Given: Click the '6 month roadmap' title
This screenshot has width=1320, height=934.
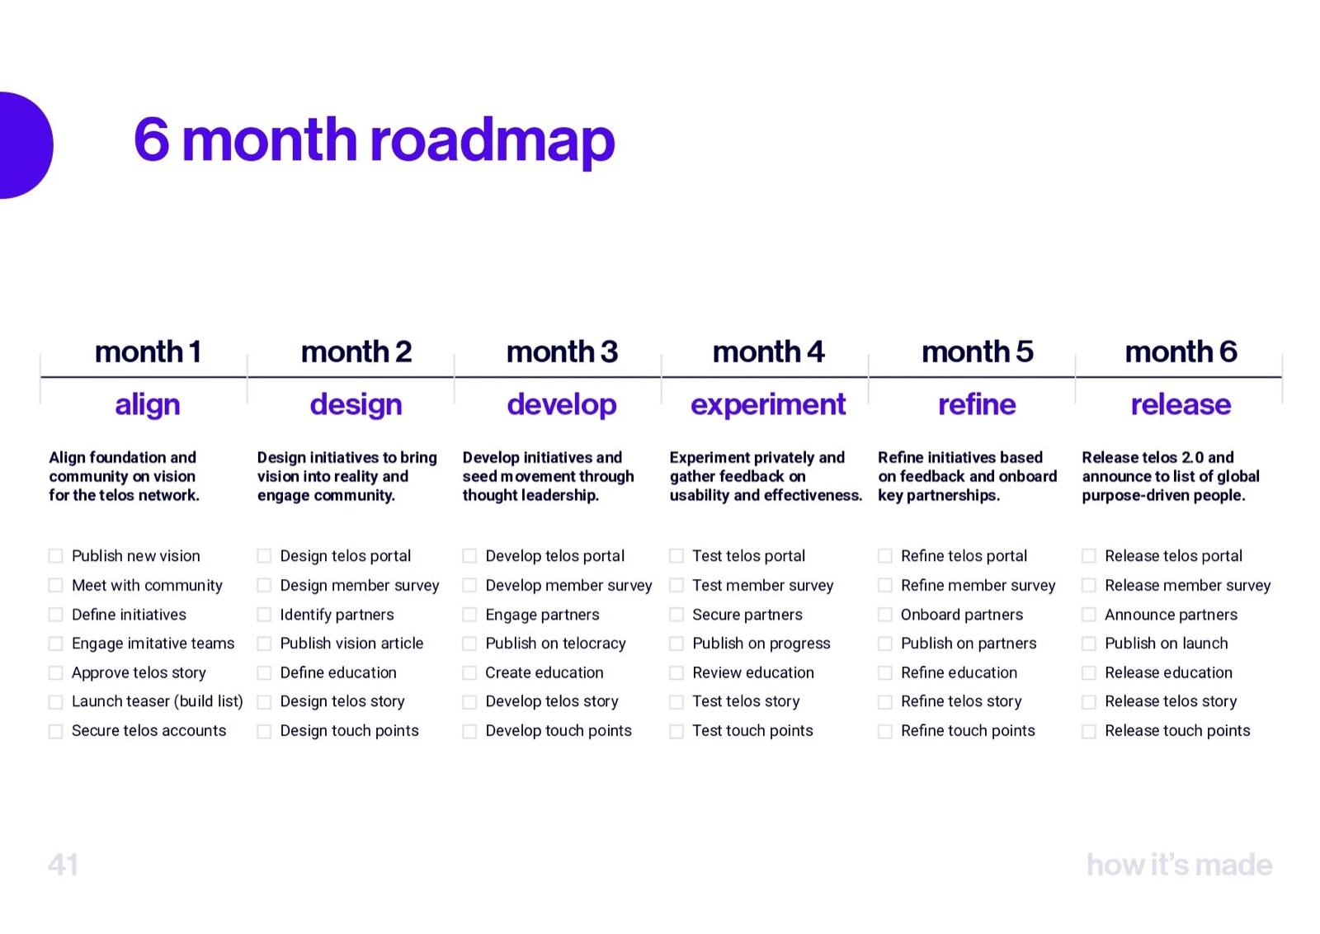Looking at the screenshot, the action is pos(375,140).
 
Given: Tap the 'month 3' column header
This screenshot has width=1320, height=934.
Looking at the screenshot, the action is pos(562,351).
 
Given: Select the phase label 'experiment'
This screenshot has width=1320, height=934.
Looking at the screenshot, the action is pos(768,405).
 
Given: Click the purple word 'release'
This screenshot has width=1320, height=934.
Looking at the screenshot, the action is pos(1181,405).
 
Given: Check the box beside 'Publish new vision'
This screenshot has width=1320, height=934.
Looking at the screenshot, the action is pos(55,556).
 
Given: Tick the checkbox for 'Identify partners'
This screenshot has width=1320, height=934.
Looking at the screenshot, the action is pos(264,615).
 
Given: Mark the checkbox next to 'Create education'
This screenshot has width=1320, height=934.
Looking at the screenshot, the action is pos(469,673).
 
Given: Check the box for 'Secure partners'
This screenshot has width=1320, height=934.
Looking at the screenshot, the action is pos(676,615).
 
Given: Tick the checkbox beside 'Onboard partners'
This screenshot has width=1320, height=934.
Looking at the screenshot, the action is pos(885,615).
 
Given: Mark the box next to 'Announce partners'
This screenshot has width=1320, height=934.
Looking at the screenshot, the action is pos(1089,615).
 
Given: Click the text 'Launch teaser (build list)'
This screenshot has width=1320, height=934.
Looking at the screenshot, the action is pos(158,702).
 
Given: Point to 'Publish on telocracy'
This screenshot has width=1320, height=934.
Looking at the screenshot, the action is pos(556,644).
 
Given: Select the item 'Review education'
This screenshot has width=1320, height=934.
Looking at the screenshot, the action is pos(753,673).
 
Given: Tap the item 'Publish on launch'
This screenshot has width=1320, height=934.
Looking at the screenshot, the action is pos(1167,644).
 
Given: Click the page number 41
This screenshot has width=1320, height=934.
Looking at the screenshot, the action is pos(63,865).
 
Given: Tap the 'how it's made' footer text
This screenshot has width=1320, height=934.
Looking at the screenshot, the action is pos(1180,865).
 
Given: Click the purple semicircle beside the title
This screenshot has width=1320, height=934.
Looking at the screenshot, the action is pos(26,145).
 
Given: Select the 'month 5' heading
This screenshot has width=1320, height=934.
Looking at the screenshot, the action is pos(977,351).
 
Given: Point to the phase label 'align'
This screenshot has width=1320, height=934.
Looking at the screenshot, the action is pos(148,405).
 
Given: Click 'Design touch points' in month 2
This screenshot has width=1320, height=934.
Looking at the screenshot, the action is pos(350,731).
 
